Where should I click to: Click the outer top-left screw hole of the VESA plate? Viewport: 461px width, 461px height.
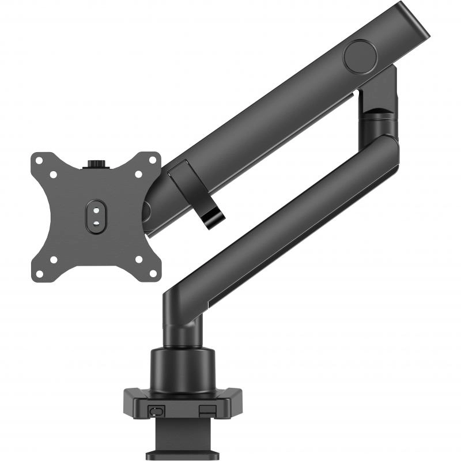click(x=40, y=161)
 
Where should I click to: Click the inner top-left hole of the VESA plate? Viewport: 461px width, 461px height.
click(x=54, y=174)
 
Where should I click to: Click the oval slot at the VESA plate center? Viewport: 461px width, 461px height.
click(x=96, y=214)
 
